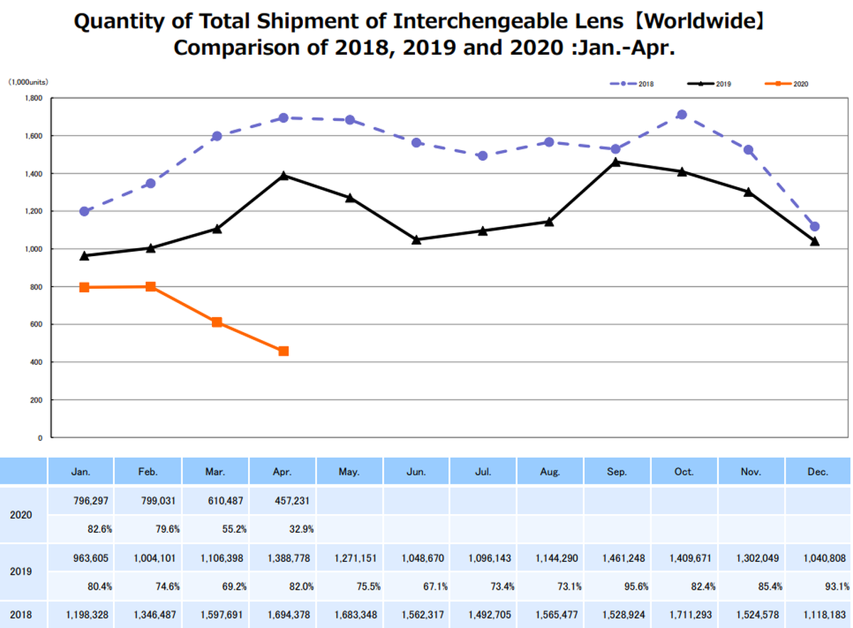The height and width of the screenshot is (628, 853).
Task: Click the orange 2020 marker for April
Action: click(284, 351)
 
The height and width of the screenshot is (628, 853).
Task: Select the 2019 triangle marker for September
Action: click(616, 162)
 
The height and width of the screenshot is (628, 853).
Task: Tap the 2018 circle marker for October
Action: click(682, 115)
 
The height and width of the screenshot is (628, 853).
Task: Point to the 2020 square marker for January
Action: click(84, 287)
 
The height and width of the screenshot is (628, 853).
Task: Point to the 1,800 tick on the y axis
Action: click(35, 98)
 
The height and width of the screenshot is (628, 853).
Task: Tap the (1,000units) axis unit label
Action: click(28, 83)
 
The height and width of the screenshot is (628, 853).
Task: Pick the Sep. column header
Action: click(616, 472)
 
